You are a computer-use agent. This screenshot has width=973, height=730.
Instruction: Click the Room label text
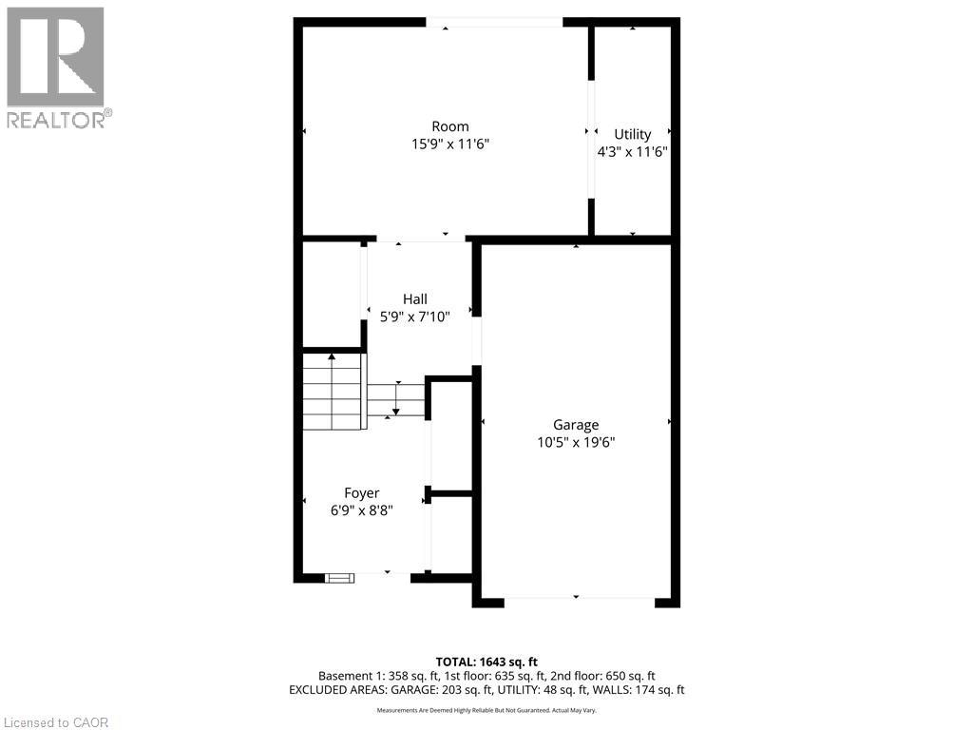[449, 126]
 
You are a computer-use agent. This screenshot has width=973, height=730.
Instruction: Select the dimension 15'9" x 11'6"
[449, 144]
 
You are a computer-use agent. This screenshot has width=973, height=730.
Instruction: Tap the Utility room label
[632, 134]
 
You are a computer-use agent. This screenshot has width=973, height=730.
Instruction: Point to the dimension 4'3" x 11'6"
[632, 151]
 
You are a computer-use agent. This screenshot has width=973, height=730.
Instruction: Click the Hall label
[414, 298]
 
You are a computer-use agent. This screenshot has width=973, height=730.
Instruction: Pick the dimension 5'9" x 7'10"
[414, 316]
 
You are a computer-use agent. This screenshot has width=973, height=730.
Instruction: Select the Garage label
[576, 425]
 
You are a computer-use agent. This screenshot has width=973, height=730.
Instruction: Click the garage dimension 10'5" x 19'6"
[576, 442]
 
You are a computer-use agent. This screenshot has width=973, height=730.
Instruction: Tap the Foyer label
[361, 492]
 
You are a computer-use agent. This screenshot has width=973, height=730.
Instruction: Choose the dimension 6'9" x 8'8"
[361, 509]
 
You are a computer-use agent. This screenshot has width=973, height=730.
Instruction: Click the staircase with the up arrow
[334, 391]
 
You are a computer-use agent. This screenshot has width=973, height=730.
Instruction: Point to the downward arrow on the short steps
[396, 398]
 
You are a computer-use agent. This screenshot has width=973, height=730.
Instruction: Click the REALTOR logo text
[59, 120]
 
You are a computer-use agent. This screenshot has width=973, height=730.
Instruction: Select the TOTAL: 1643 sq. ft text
[486, 662]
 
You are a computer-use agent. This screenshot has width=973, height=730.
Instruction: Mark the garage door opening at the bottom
[579, 598]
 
